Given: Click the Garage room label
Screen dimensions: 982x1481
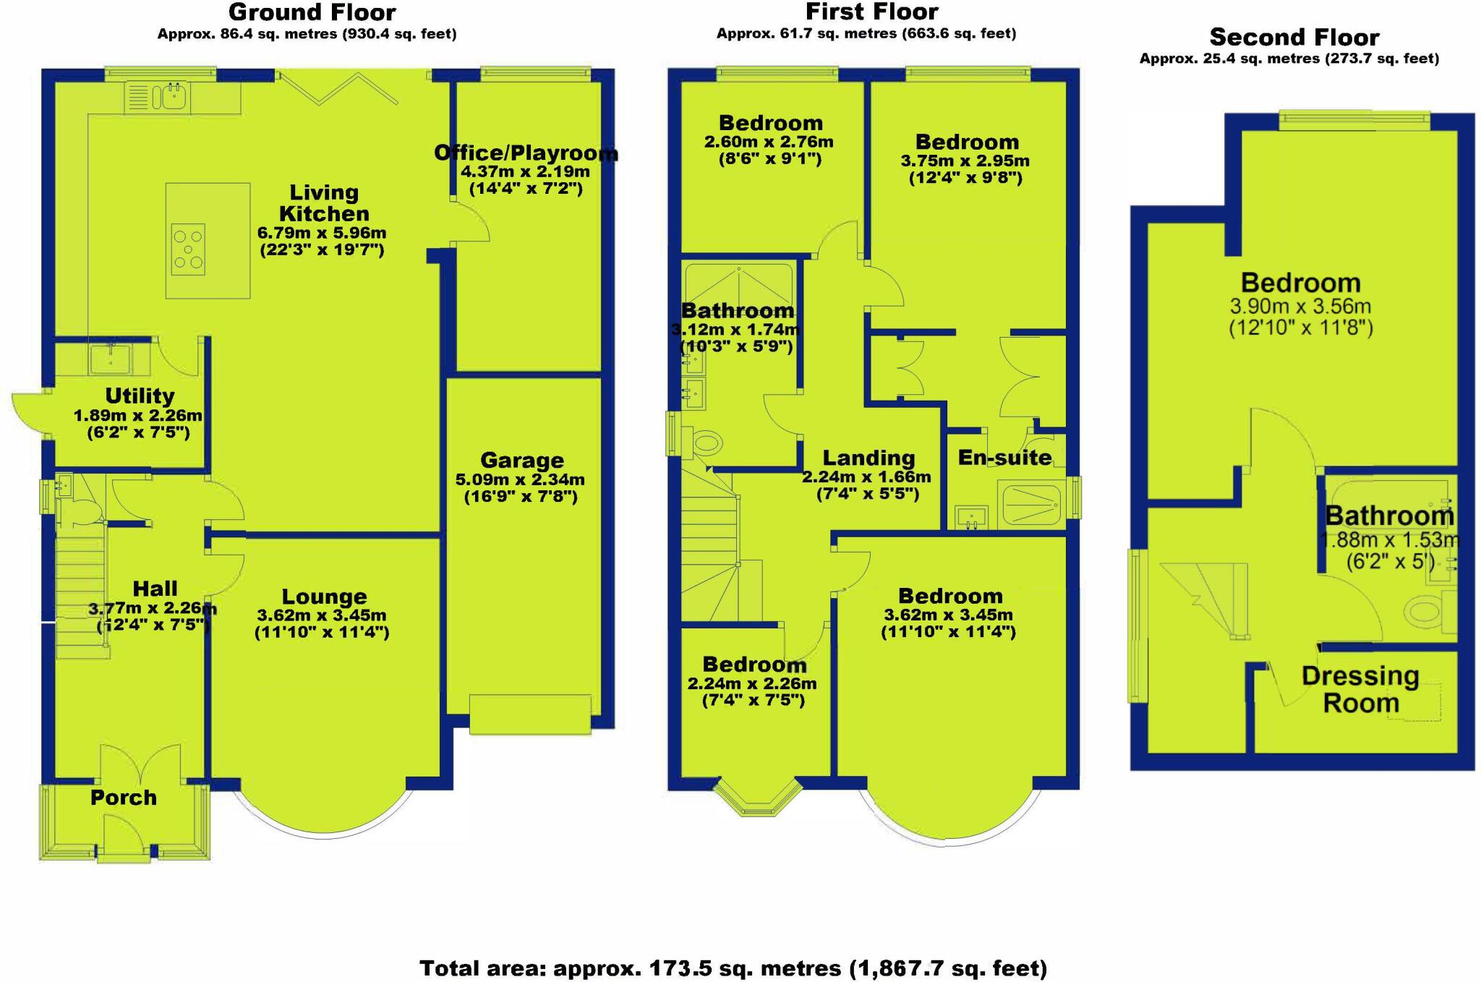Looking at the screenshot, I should coord(521,461).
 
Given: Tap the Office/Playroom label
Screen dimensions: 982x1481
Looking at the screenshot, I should coord(526,153).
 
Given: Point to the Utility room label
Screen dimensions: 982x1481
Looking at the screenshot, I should coord(140,396).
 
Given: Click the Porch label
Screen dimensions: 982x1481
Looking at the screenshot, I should coord(124,798).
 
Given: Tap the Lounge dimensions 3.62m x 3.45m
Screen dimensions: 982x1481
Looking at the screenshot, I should coord(322,615).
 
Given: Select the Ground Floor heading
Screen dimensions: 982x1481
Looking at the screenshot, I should coord(312,12).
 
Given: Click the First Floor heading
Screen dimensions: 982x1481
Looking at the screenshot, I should coord(871,12).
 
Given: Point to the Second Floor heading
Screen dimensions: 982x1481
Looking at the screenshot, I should coord(1294,37).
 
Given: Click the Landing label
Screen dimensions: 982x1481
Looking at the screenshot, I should coord(868,458).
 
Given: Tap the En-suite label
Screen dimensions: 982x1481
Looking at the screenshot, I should coord(1004,457).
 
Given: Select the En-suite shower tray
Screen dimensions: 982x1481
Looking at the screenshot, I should coord(1030,504).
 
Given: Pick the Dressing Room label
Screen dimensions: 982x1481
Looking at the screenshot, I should coord(1360,689).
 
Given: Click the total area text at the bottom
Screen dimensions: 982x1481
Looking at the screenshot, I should coord(733,968).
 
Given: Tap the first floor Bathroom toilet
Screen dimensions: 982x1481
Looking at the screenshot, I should coord(705,442).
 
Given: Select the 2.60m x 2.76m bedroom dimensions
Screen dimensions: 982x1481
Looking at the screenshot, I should coord(769,142).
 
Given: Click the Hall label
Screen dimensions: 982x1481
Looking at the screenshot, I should coord(155,589).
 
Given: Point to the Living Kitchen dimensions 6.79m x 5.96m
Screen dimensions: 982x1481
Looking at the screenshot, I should coord(322,233).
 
